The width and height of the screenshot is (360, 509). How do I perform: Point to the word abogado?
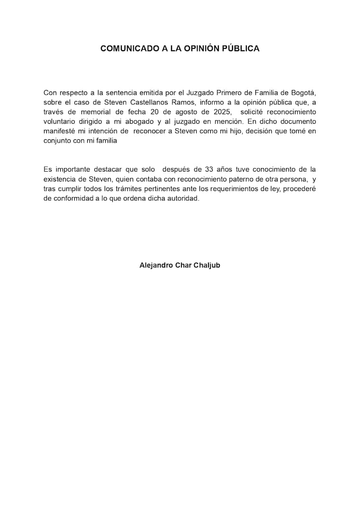pyautogui.click(x=143, y=122)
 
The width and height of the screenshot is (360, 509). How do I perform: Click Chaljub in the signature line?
pyautogui.click(x=205, y=265)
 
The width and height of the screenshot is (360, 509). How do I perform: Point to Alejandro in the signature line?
pyautogui.click(x=156, y=265)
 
